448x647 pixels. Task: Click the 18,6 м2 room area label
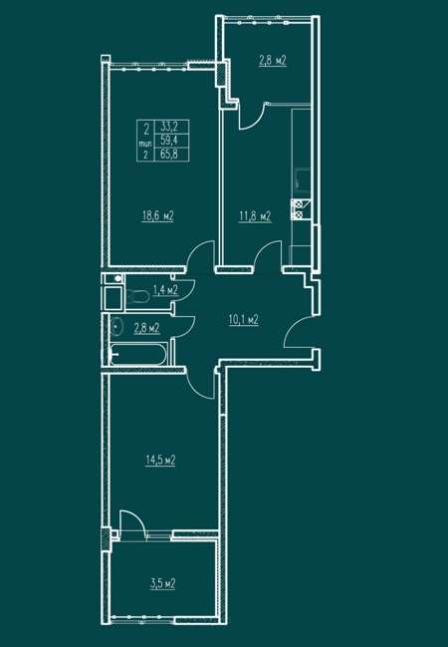tap(158, 215)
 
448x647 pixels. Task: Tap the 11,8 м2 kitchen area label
tap(255, 215)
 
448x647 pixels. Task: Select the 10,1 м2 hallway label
tap(244, 319)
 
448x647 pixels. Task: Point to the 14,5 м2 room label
tap(160, 461)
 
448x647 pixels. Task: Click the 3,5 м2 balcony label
tap(163, 583)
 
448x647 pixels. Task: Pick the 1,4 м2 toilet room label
tap(165, 290)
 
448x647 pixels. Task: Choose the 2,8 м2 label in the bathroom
tap(146, 328)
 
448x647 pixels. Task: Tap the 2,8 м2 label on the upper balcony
tap(273, 61)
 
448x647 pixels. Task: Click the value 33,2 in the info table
tap(171, 127)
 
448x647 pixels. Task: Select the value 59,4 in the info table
tap(171, 141)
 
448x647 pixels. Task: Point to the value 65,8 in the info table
tap(171, 155)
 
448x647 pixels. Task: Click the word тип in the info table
tap(145, 144)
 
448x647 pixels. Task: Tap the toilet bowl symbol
tap(137, 295)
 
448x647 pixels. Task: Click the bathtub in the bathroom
tap(138, 354)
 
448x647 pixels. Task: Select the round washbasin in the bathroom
tap(116, 326)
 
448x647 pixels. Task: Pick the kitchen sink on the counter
tap(302, 180)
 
